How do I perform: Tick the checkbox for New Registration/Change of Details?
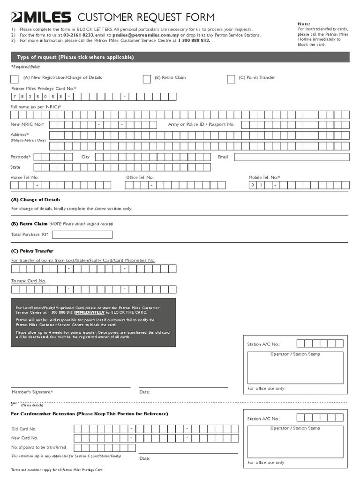tap(15, 79)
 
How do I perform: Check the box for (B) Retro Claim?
tap(147, 79)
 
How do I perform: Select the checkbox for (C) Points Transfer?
tap(231, 79)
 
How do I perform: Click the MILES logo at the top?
tap(41, 18)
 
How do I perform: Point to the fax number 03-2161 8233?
tap(78, 35)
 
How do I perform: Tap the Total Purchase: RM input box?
tap(82, 234)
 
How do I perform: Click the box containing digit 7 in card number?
tap(15, 97)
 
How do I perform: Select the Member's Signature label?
tap(32, 392)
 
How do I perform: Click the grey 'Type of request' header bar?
tap(180, 57)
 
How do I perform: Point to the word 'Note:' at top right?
tap(304, 24)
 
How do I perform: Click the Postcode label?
tap(21, 157)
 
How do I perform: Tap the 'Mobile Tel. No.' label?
tap(264, 178)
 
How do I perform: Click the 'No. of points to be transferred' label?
tap(38, 447)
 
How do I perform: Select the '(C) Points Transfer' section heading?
tap(32, 251)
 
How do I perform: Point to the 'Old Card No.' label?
tap(24, 429)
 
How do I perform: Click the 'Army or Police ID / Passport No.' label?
tap(201, 125)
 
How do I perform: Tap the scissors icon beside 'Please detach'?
tap(14, 404)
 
